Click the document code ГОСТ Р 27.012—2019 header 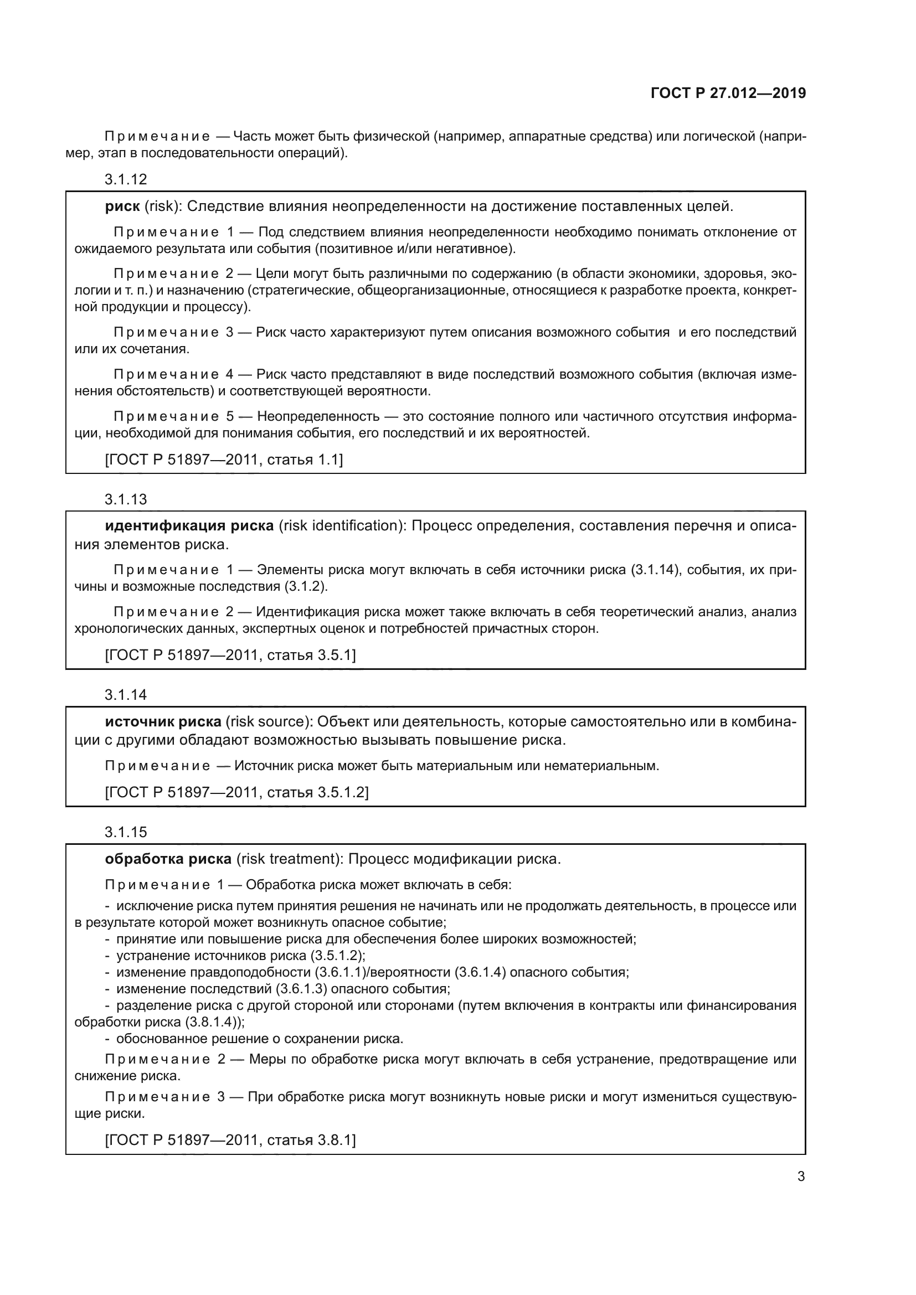[728, 93]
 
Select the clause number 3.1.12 [125, 179]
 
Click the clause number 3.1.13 [125, 499]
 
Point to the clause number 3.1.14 [125, 695]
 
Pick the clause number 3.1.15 [125, 832]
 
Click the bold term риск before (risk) [122, 207]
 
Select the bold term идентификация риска [189, 525]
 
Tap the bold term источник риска [163, 721]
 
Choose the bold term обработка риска [168, 859]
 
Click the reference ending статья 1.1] [304, 460]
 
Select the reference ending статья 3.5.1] [311, 655]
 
